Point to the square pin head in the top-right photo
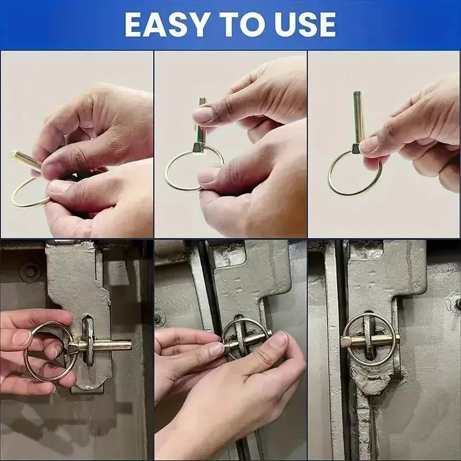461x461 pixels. [x=356, y=149]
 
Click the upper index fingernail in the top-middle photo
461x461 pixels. [x=202, y=114]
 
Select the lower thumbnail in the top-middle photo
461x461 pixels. [x=206, y=177]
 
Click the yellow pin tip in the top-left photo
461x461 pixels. [x=13, y=154]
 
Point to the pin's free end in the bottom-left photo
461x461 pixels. [x=129, y=345]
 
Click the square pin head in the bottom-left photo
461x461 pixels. [x=73, y=348]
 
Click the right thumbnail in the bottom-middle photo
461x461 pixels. [x=278, y=339]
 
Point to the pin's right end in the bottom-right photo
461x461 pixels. [x=398, y=341]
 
